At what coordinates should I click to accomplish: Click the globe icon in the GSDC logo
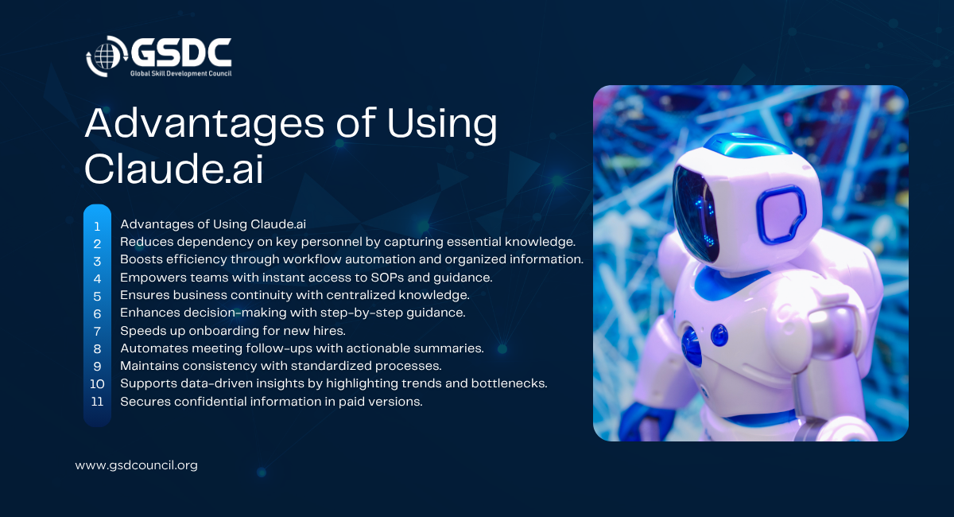coord(107,56)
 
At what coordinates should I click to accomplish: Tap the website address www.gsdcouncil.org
coord(136,465)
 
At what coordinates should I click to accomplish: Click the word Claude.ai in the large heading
coord(174,169)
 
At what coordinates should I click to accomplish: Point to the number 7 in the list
coord(97,331)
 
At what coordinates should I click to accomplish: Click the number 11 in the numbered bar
coord(97,402)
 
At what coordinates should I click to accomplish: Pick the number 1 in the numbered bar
coord(97,227)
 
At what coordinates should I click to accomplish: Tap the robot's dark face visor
coord(695,214)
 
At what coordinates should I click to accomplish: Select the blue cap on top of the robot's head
coord(747,144)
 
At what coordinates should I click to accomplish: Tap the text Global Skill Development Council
coord(180,73)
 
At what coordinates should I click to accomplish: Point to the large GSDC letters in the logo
coord(181,52)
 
